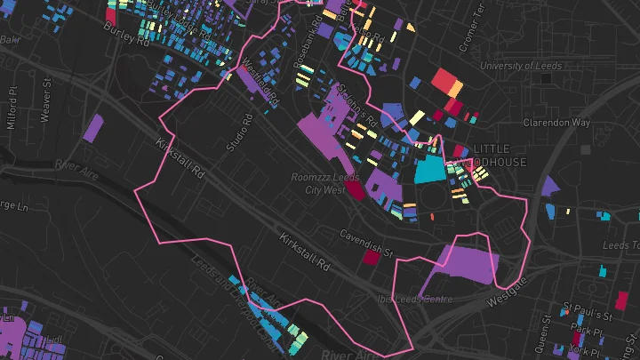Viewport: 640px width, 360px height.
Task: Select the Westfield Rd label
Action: click(x=259, y=81)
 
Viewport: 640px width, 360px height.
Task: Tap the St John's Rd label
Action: click(x=356, y=107)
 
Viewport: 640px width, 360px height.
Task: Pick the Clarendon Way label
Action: click(x=556, y=123)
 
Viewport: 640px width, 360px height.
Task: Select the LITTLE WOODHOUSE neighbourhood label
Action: click(x=499, y=156)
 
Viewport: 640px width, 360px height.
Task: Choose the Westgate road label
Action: click(x=507, y=294)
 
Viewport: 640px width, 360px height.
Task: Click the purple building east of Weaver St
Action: click(x=92, y=129)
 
